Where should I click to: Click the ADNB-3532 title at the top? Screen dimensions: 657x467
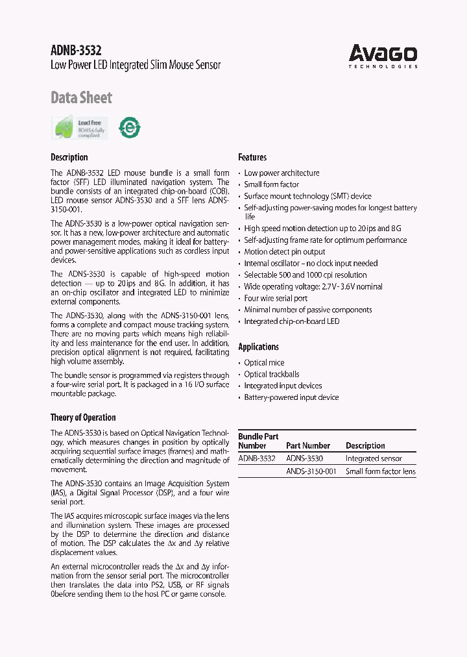tap(76, 50)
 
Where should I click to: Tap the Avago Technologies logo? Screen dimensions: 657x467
tap(383, 55)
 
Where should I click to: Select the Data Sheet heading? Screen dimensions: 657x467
tap(81, 98)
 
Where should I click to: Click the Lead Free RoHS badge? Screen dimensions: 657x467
tap(80, 127)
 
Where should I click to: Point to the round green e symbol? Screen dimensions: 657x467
tap(130, 128)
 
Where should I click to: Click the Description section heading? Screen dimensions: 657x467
tap(69, 157)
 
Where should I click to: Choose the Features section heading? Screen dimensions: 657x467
tap(252, 157)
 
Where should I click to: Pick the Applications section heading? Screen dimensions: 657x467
tap(258, 347)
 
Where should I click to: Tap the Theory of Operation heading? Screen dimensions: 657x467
tap(83, 417)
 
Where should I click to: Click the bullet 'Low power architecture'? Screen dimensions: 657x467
tap(281, 173)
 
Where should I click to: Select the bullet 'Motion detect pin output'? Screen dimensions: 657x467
tap(284, 252)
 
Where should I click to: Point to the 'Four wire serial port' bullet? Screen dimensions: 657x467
tap(276, 299)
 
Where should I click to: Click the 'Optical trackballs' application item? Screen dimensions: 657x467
tap(271, 374)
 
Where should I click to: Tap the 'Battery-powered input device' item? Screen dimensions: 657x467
tap(291, 397)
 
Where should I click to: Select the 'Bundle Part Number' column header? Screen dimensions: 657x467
tap(257, 441)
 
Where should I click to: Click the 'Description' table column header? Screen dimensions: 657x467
tap(365, 446)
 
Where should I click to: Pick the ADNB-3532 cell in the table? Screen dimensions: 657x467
tap(257, 458)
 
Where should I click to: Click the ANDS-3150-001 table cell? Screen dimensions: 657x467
tap(311, 472)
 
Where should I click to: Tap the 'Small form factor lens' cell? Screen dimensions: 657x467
tap(381, 472)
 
